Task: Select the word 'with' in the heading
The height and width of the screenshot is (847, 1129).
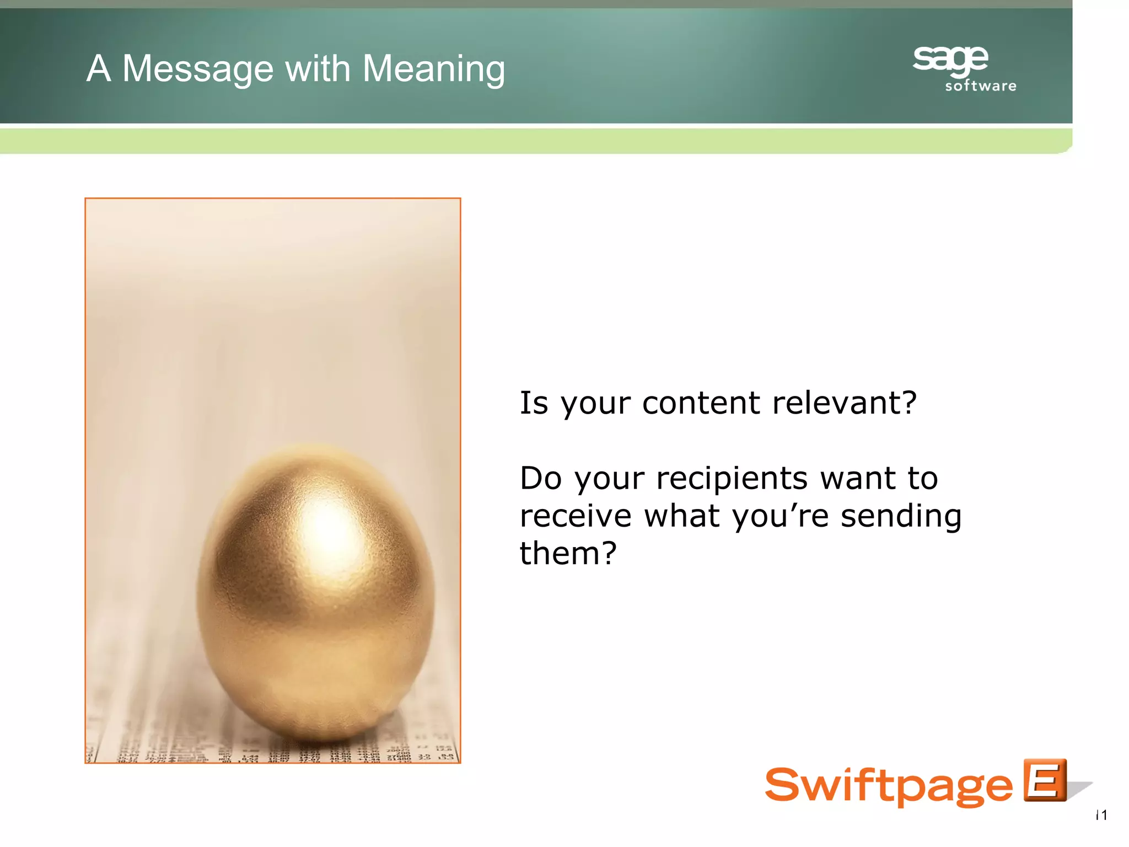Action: (x=318, y=69)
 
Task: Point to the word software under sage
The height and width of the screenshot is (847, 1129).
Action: (x=981, y=86)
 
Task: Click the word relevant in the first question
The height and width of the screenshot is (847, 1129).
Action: (x=844, y=403)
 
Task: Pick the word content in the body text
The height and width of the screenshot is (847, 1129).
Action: (x=702, y=403)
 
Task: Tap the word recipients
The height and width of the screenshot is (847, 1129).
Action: (x=733, y=478)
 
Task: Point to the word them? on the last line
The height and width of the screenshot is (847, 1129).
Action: (x=568, y=553)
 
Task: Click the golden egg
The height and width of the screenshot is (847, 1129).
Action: (x=316, y=596)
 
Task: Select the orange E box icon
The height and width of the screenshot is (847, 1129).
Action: (x=1045, y=780)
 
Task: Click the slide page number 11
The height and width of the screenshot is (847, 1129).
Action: (x=1101, y=815)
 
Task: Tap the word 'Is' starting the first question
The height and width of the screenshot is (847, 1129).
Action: (x=534, y=403)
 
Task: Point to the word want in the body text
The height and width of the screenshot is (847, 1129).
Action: (x=853, y=478)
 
